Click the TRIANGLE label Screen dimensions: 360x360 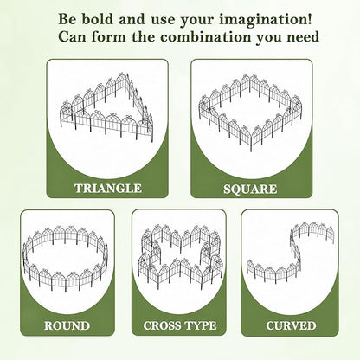pyautogui.click(x=108, y=189)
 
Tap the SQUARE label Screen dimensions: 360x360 pyautogui.click(x=250, y=190)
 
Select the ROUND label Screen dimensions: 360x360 pyautogui.click(x=67, y=325)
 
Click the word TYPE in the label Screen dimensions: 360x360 pyautogui.click(x=200, y=325)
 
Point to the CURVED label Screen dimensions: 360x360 pyautogui.click(x=291, y=325)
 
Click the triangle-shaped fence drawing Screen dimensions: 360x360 pyautogui.click(x=107, y=107)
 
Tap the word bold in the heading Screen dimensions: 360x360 pyautogui.click(x=98, y=19)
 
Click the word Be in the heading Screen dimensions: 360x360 pyautogui.click(x=67, y=19)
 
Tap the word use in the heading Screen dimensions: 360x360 pyautogui.click(x=164, y=21)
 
